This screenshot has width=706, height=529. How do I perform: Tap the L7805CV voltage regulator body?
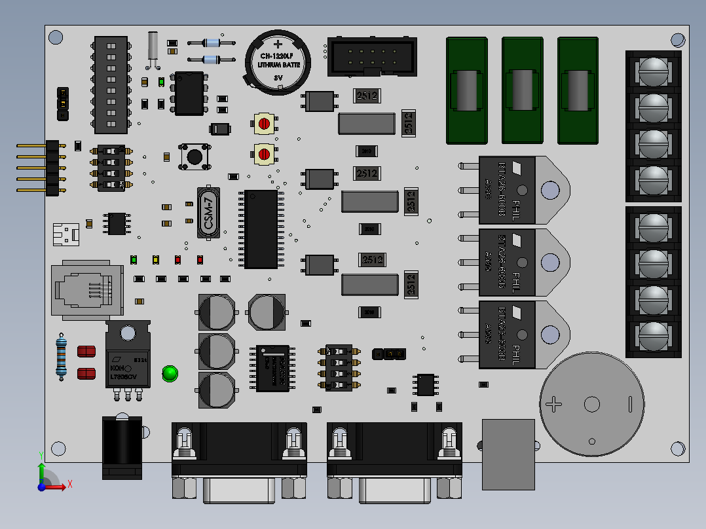coord(127,367)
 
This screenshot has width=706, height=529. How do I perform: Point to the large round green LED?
coord(170,374)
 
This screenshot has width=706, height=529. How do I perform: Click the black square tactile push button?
coord(195,156)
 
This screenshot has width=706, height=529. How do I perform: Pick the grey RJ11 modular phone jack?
coord(86,291)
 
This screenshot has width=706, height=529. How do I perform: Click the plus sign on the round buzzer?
coord(554,405)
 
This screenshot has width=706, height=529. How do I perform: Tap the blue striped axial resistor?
coord(62,357)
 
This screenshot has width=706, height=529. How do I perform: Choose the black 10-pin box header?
coord(371,56)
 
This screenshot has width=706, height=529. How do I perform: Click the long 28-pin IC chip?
coord(261,229)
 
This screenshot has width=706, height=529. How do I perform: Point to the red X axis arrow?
coord(62,485)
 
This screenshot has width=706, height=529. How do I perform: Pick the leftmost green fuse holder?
coord(467,90)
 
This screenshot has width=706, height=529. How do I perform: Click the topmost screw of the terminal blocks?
coord(652,70)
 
